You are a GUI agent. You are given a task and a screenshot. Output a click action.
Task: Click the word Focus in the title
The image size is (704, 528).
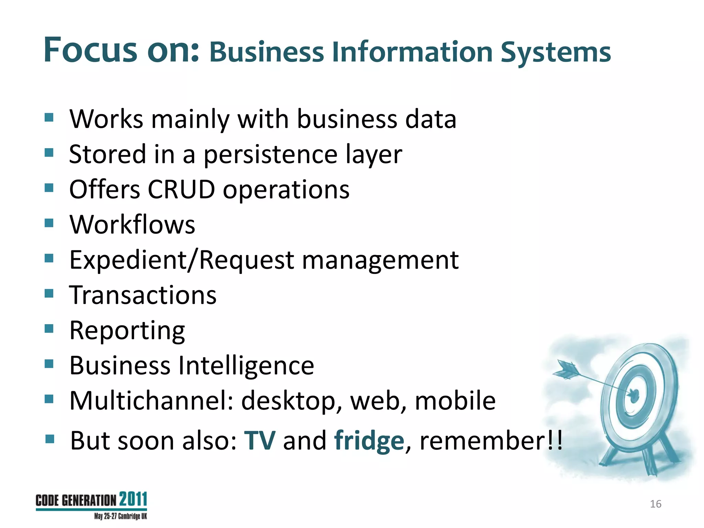[x=90, y=50]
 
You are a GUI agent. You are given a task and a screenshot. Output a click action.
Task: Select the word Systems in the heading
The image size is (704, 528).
[x=555, y=52]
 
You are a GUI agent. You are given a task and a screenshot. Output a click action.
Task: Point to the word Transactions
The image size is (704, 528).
[x=143, y=295]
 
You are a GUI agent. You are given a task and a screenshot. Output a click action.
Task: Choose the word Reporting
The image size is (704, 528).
[x=127, y=331]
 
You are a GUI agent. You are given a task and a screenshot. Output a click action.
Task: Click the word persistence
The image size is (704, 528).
[x=271, y=154]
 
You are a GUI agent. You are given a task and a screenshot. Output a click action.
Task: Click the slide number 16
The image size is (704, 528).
[x=656, y=504]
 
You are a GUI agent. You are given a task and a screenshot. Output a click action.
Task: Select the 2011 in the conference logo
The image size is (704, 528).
[x=133, y=499]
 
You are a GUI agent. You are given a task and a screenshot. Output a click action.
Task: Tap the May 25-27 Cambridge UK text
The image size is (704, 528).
[x=121, y=516]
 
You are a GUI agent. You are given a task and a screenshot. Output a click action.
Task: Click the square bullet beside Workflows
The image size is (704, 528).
[x=49, y=223]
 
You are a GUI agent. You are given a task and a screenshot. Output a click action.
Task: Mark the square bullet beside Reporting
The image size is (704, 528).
[x=49, y=329]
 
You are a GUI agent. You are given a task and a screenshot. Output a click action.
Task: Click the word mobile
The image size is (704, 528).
[x=455, y=401]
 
